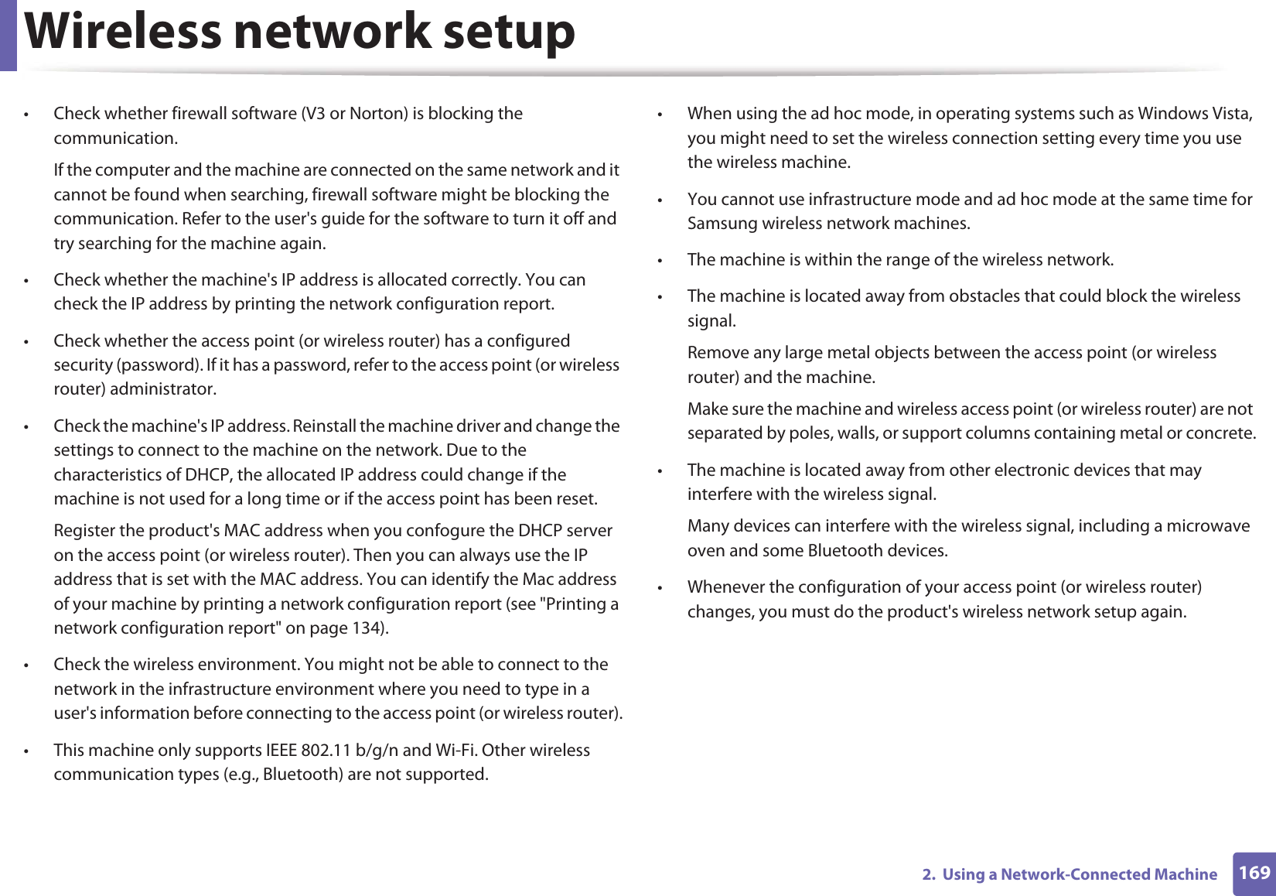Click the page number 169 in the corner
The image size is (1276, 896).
(x=1254, y=873)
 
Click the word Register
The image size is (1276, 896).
(x=85, y=531)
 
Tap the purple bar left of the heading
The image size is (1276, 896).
(x=8, y=35)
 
